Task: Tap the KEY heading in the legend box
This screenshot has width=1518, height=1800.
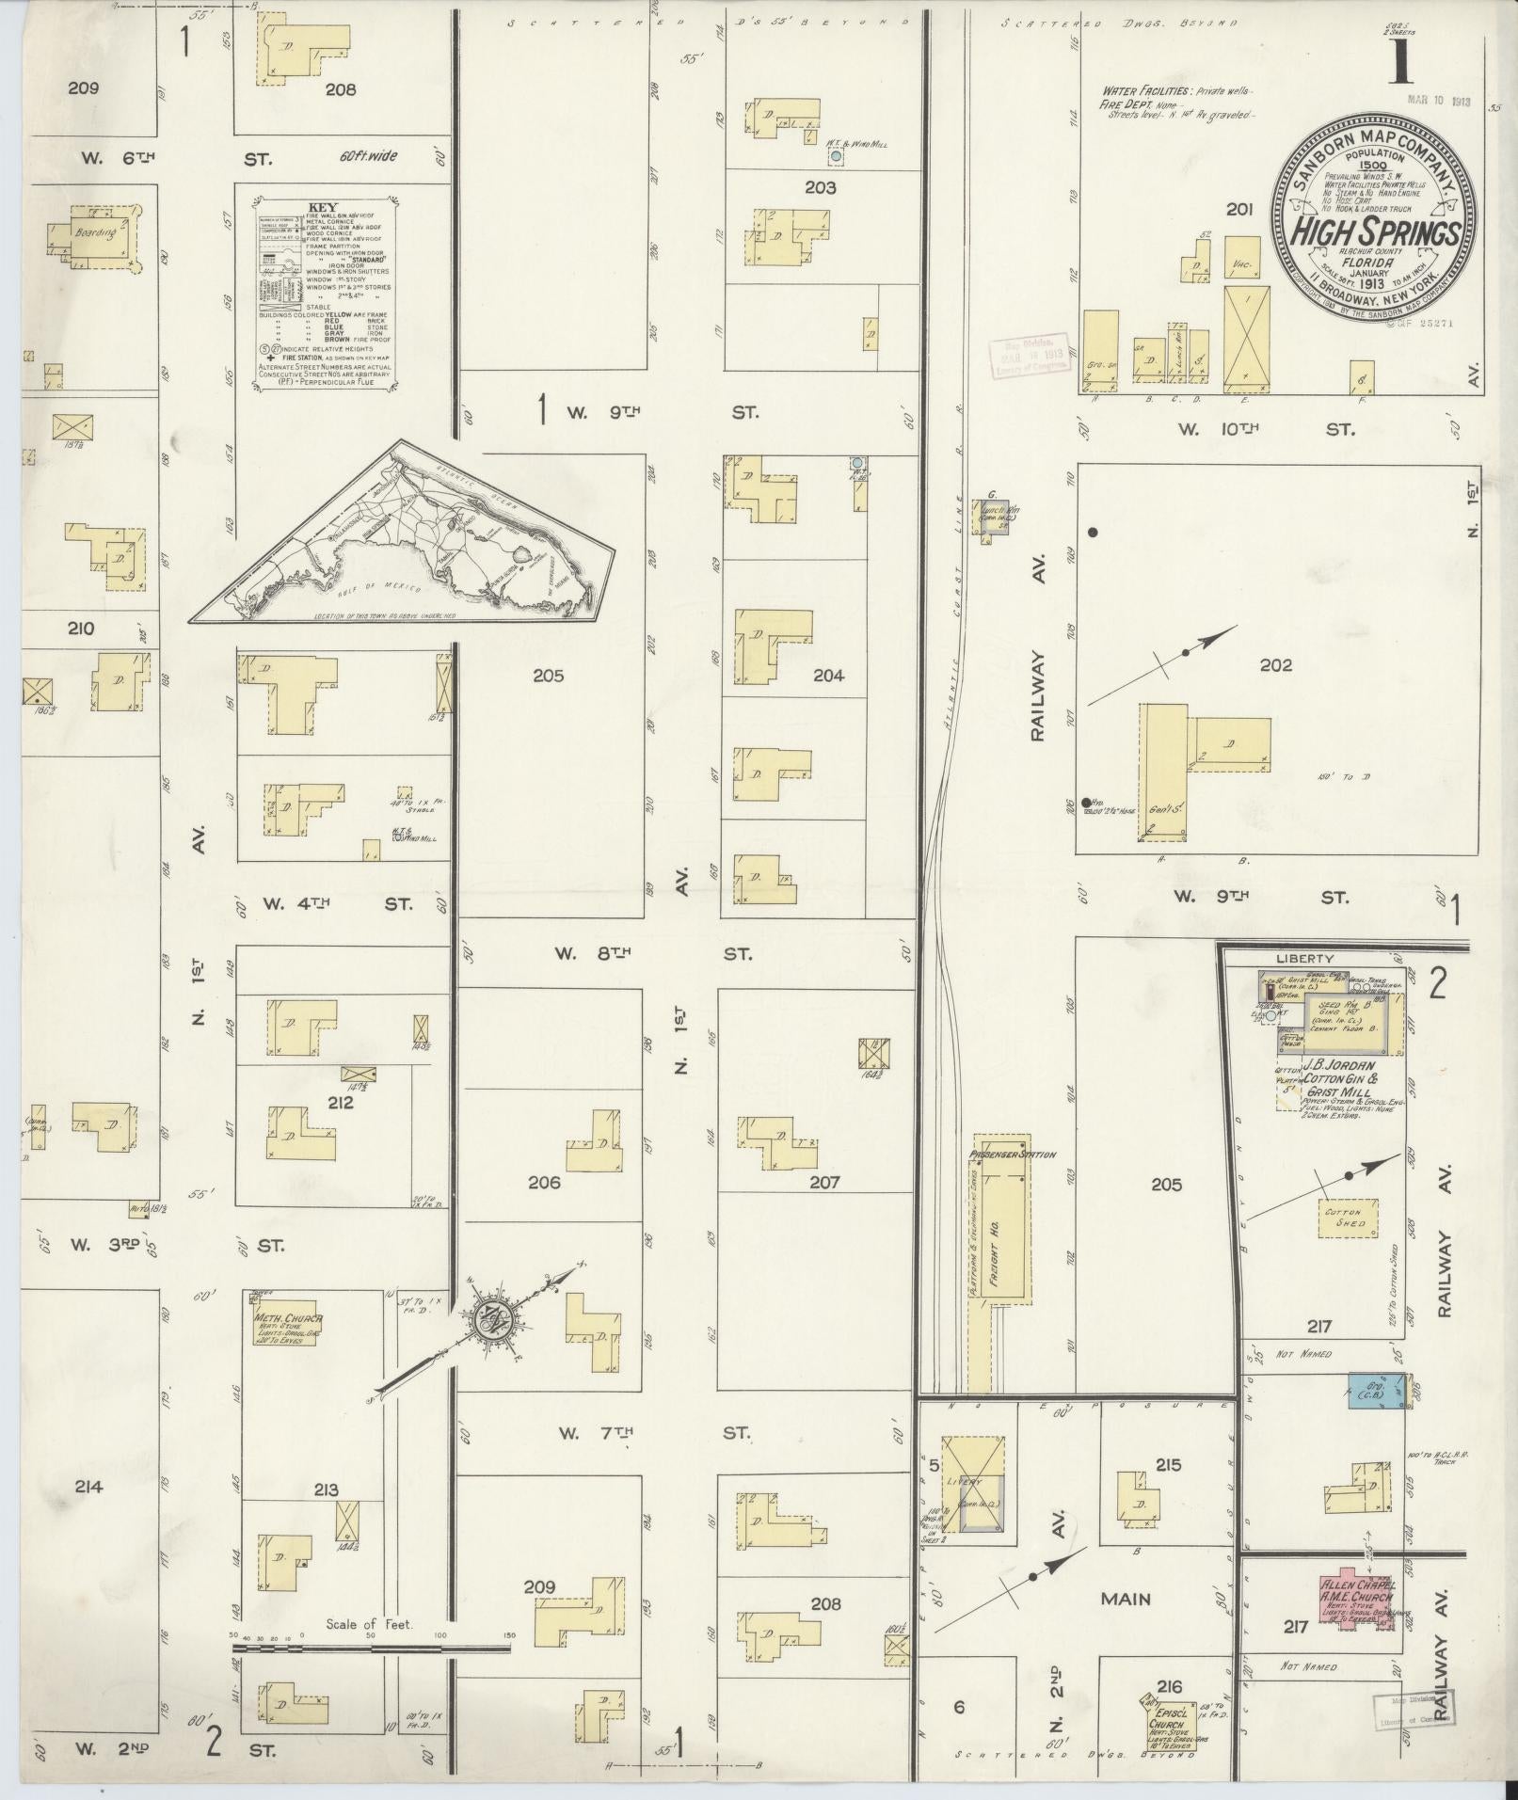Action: (323, 207)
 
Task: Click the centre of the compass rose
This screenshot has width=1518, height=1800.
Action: (491, 1320)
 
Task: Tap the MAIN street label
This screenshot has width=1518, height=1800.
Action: (1126, 1598)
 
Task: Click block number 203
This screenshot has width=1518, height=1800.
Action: (820, 187)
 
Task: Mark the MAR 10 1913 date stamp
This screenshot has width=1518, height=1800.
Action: (1438, 101)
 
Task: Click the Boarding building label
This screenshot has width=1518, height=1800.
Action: (97, 231)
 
